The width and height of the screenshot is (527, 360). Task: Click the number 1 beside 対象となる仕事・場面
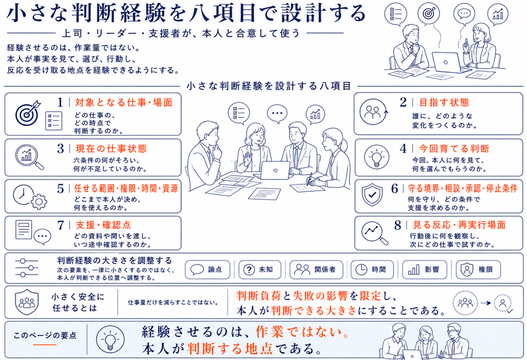(x=60, y=102)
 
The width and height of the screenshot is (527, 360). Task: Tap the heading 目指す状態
(x=444, y=102)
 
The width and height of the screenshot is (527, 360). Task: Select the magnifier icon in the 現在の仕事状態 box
(x=29, y=157)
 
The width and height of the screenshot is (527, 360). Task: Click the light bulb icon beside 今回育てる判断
(x=376, y=157)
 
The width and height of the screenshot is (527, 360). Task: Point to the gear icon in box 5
(x=39, y=201)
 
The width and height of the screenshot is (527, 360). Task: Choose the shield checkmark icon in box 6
(x=372, y=194)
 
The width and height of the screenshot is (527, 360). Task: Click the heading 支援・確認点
(x=103, y=225)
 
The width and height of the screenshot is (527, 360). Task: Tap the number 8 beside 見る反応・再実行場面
(x=398, y=225)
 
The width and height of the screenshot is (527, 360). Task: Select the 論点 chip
(x=207, y=269)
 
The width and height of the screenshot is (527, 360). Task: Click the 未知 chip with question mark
(x=260, y=269)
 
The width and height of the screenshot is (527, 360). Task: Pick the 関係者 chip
(x=317, y=269)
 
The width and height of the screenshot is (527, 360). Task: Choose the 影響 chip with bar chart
(x=425, y=269)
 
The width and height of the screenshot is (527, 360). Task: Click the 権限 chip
(x=478, y=269)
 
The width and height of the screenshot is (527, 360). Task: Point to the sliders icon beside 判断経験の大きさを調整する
(x=27, y=267)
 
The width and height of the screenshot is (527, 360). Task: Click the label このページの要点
(x=45, y=335)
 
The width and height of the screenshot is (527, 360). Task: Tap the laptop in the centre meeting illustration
(x=275, y=171)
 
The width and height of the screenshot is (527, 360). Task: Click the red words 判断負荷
(x=258, y=296)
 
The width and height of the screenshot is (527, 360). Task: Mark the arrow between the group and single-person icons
(x=486, y=303)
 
